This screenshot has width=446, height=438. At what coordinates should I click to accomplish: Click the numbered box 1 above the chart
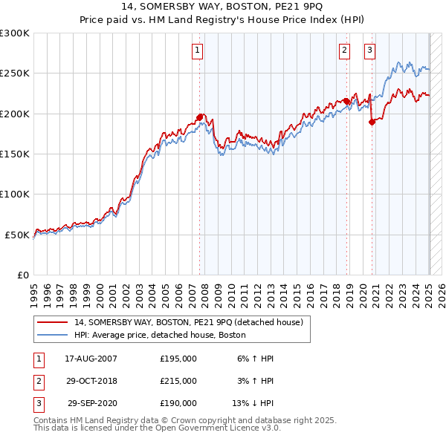(198, 50)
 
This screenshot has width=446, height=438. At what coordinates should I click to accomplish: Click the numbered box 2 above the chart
(345, 50)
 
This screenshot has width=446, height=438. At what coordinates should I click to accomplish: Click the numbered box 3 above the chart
(369, 50)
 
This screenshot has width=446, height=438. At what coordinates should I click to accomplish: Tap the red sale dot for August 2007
(200, 117)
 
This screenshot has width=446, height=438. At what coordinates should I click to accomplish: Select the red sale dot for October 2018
(346, 101)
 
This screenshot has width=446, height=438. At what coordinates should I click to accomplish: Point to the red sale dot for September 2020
(372, 122)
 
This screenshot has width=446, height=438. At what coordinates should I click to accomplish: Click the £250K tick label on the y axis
(15, 73)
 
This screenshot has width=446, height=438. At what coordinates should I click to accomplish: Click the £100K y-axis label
(15, 194)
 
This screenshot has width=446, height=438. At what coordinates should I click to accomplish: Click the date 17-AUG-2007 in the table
(91, 359)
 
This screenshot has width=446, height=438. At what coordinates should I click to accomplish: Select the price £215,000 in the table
(178, 381)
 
